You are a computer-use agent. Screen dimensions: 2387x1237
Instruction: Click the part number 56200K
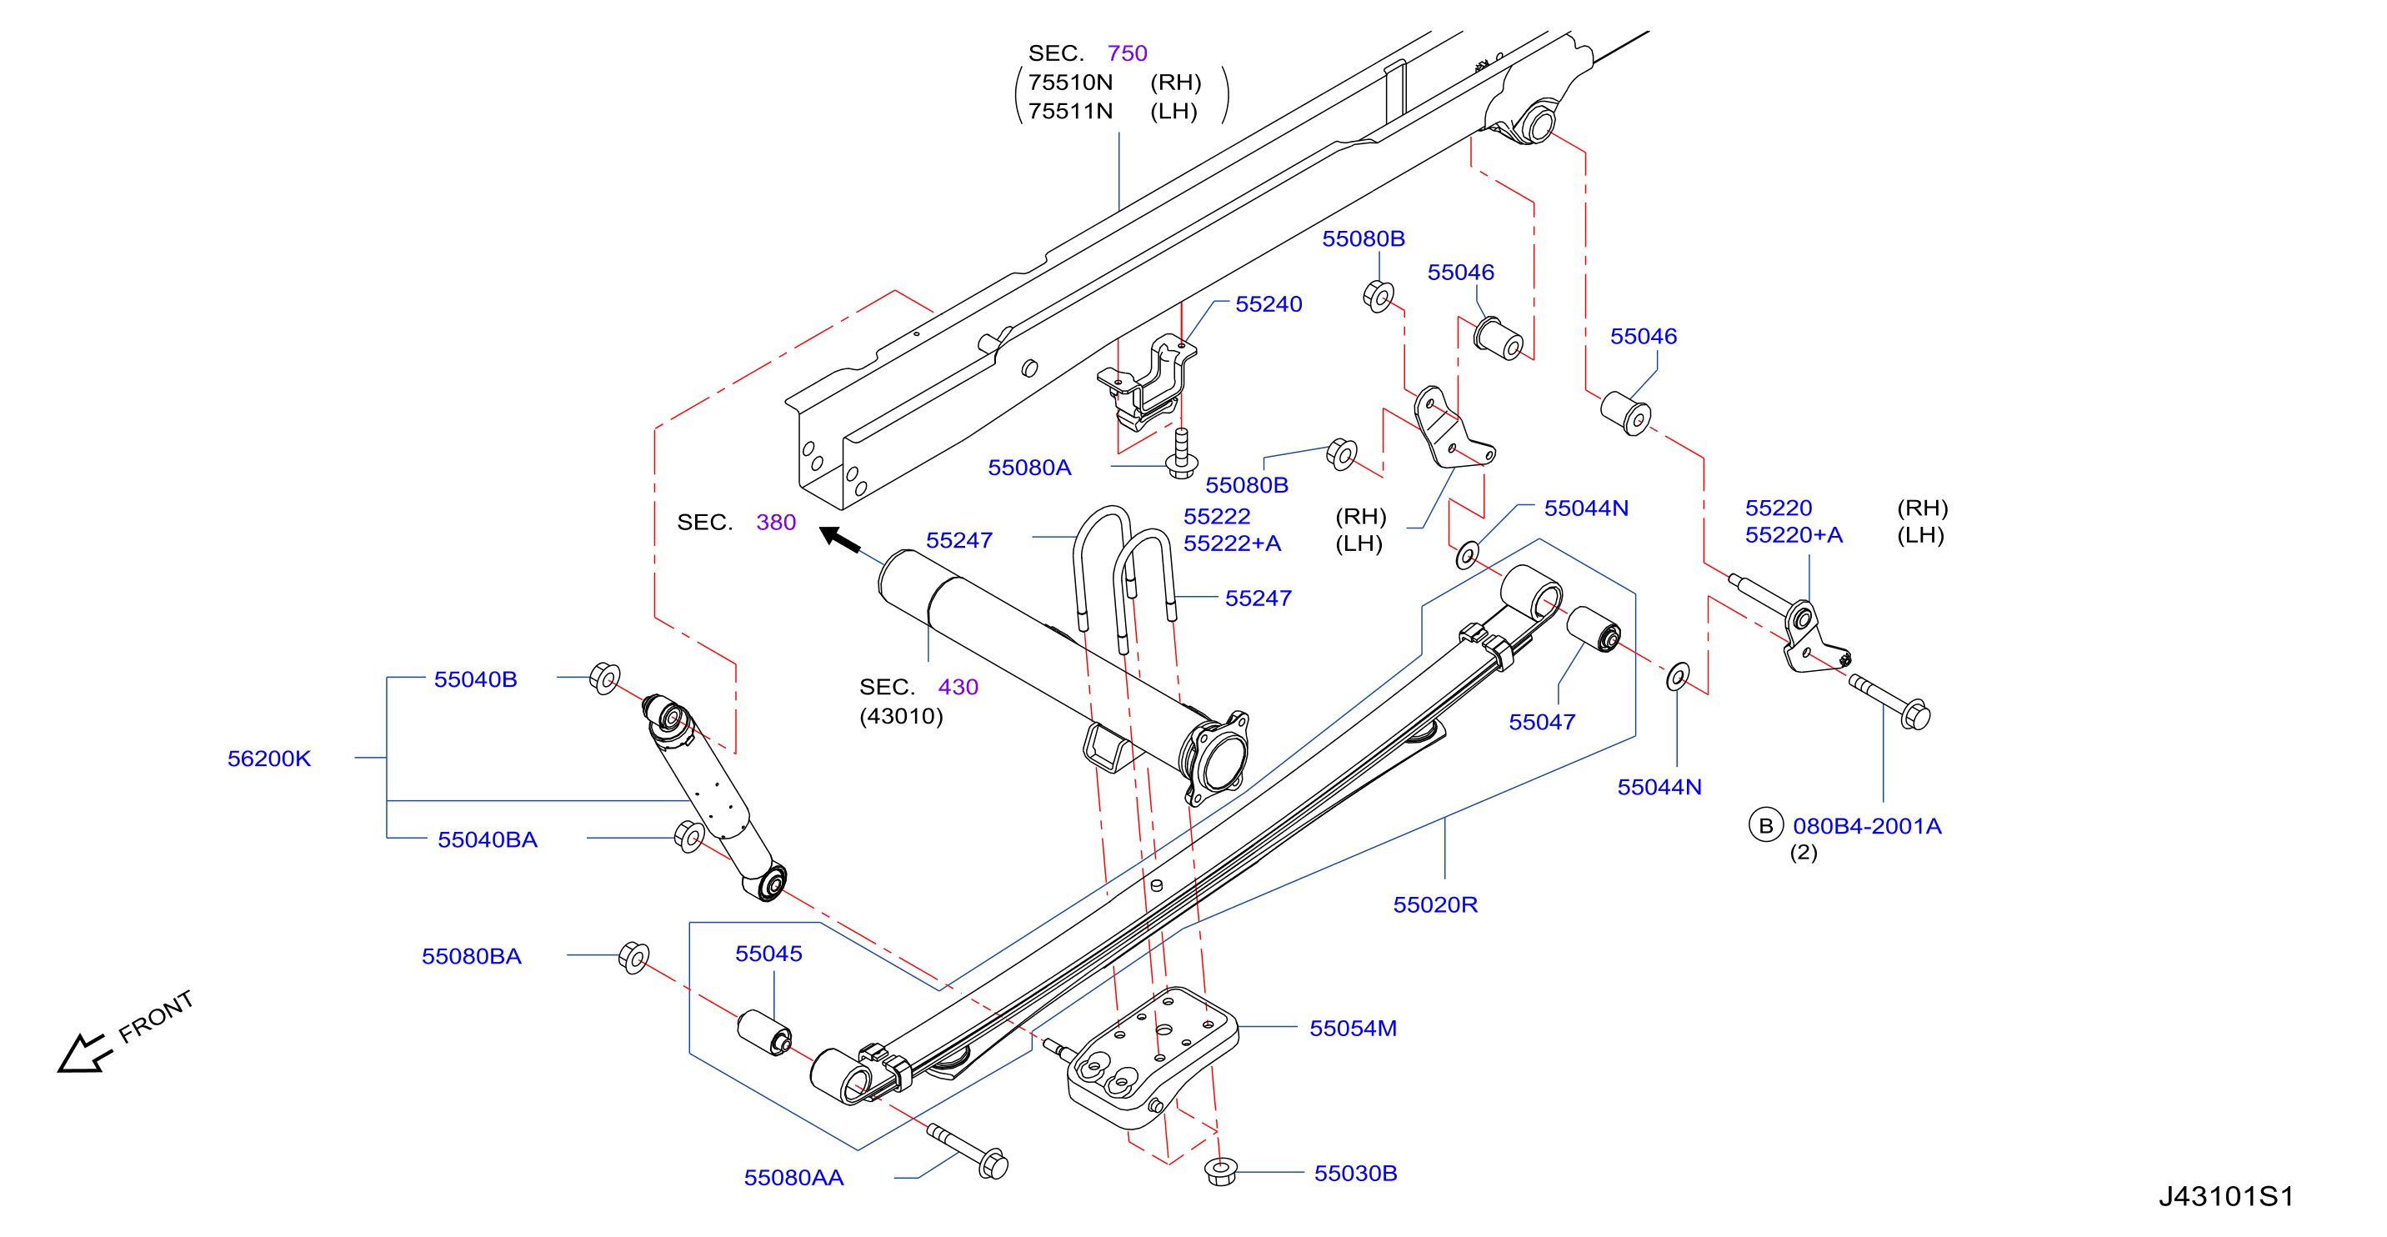[x=268, y=758]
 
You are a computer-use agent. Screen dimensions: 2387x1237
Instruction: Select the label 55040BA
[x=488, y=839]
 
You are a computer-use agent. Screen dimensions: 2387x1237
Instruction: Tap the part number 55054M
[x=1353, y=1028]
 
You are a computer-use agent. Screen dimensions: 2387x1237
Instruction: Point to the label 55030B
[x=1356, y=1173]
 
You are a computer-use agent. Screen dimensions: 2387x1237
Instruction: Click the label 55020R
[x=1435, y=904]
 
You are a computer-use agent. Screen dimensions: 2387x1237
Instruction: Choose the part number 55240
[x=1269, y=304]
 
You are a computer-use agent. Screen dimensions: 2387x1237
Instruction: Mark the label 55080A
[x=1029, y=467]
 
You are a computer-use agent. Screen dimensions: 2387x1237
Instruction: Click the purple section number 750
[x=1127, y=53]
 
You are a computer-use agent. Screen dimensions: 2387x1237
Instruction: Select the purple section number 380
[x=776, y=522]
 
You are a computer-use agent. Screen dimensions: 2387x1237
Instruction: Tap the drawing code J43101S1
[x=2226, y=1196]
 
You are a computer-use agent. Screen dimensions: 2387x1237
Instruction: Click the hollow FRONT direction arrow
[x=84, y=1054]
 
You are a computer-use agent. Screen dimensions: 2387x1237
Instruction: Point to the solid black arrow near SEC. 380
[x=840, y=539]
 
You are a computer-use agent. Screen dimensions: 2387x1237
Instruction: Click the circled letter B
[x=1766, y=824]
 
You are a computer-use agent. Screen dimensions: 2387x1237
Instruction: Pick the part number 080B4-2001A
[x=1867, y=825]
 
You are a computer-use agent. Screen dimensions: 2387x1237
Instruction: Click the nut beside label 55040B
[x=605, y=679]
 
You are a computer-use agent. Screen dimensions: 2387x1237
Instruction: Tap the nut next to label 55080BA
[x=633, y=957]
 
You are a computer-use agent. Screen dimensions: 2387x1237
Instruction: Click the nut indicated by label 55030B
[x=1221, y=1171]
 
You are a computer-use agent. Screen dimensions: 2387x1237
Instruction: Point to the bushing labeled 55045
[x=764, y=1032]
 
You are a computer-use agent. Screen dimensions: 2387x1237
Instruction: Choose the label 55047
[x=1542, y=722]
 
